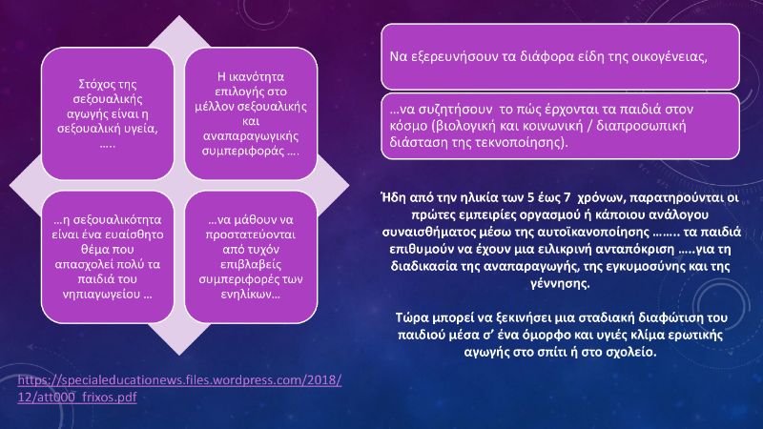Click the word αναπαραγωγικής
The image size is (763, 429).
tap(251, 136)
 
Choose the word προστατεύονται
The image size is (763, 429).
tap(251, 235)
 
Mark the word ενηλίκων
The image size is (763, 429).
tap(248, 295)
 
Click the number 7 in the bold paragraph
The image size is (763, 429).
tap(566, 197)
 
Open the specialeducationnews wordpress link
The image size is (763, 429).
tap(179, 388)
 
